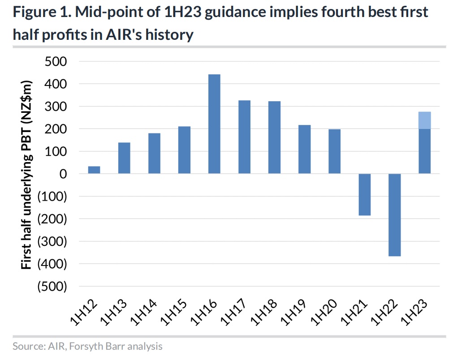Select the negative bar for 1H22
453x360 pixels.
click(x=394, y=215)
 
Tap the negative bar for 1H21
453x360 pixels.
click(x=364, y=195)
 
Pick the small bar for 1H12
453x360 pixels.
click(x=94, y=170)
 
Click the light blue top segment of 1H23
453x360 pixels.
click(x=424, y=120)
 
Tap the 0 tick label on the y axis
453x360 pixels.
click(x=62, y=174)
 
